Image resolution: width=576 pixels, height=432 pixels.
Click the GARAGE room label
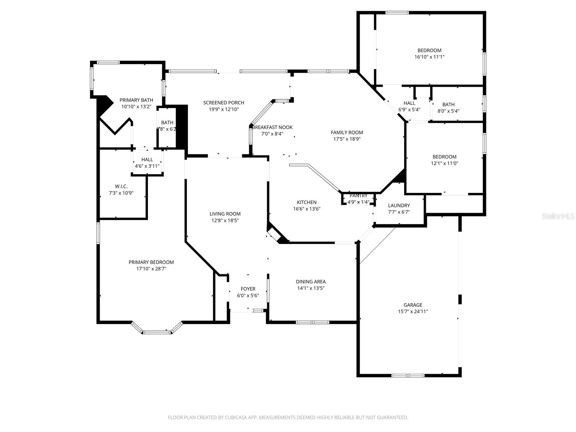click(413, 305)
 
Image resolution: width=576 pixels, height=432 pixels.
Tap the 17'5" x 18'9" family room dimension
click(347, 139)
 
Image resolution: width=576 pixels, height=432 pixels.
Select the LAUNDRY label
click(399, 206)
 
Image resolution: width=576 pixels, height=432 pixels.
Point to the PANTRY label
click(358, 195)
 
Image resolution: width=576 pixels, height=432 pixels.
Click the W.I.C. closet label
click(121, 186)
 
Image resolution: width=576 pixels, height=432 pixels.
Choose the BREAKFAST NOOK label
click(272, 127)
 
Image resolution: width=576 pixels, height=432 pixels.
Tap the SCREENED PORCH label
click(224, 103)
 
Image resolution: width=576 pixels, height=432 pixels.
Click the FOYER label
click(248, 289)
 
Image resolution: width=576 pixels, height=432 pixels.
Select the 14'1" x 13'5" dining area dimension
click(311, 288)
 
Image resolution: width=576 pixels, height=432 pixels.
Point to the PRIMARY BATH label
click(136, 100)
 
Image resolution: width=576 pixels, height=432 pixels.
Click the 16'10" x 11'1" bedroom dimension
click(429, 57)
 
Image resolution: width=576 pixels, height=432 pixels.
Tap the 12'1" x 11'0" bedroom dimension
click(444, 163)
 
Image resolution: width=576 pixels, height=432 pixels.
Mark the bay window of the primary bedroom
click(157, 332)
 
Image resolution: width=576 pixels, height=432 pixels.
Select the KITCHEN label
click(307, 202)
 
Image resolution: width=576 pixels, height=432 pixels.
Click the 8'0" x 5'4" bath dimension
click(448, 111)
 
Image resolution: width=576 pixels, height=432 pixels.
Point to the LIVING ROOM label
click(225, 214)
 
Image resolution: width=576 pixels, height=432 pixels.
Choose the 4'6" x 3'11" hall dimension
click(147, 166)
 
